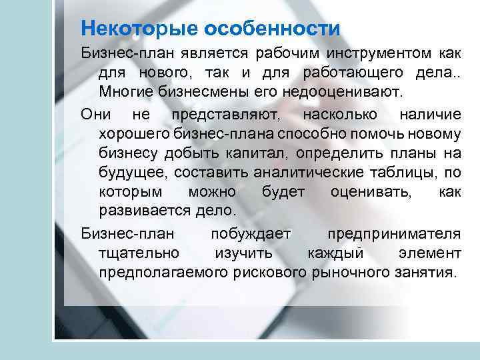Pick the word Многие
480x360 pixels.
(x=121, y=89)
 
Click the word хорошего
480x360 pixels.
(x=133, y=134)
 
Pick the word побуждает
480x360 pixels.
(x=251, y=234)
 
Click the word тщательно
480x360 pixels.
(x=139, y=253)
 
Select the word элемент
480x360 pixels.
(x=429, y=253)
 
